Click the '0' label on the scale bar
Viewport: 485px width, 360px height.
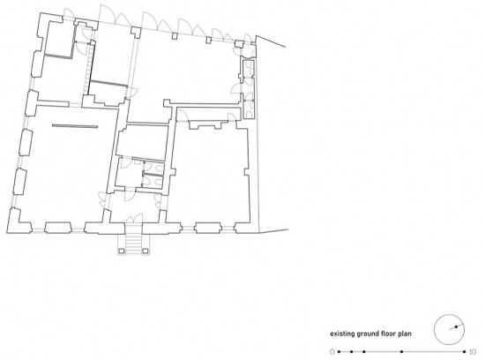point(332,352)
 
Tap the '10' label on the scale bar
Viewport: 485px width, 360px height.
point(473,352)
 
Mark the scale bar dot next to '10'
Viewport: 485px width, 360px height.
point(464,352)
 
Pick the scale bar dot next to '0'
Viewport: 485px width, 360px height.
point(339,352)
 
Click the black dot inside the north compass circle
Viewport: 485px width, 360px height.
point(456,326)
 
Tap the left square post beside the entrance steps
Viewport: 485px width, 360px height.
point(122,250)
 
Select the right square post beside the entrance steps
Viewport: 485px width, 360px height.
point(145,250)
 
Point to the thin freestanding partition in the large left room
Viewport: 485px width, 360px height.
point(75,126)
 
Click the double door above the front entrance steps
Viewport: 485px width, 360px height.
point(134,218)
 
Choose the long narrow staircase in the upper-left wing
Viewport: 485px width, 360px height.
point(88,69)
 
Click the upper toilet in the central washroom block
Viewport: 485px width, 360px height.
point(160,168)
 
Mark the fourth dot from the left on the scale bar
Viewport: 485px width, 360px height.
point(401,352)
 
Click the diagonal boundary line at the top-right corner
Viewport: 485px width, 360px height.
point(271,41)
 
